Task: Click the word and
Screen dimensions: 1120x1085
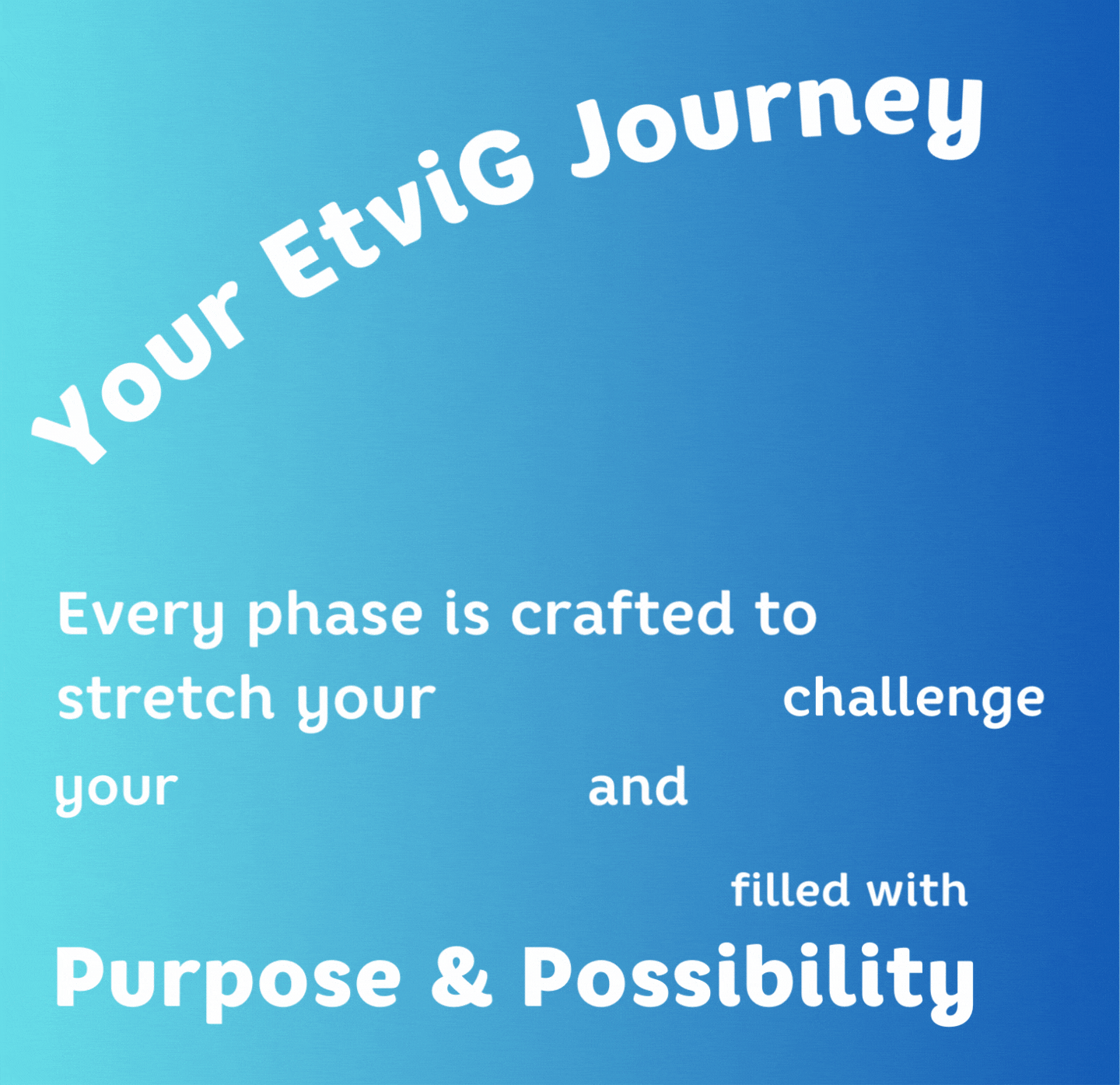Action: pyautogui.click(x=638, y=785)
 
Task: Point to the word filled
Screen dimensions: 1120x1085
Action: pyautogui.click(x=789, y=889)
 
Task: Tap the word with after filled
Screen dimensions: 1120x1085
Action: pyautogui.click(x=918, y=889)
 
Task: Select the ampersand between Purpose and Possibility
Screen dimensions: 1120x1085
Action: pyautogui.click(x=461, y=978)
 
